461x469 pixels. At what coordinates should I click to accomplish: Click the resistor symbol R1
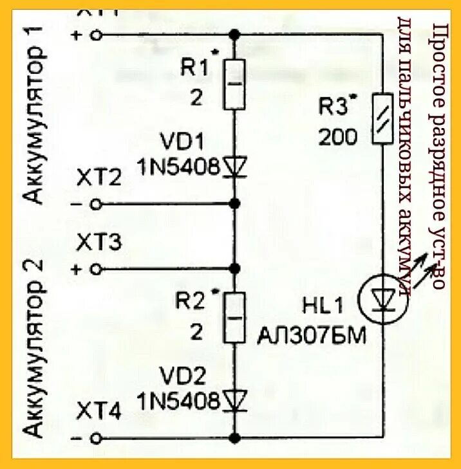[234, 84]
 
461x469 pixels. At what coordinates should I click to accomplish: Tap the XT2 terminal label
[99, 178]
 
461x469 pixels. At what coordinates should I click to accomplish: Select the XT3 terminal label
[99, 243]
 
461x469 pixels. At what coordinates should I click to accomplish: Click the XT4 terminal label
[99, 412]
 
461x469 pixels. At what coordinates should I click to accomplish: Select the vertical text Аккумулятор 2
[38, 347]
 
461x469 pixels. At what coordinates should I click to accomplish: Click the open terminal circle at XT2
[97, 204]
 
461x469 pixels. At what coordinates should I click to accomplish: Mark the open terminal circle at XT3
[97, 268]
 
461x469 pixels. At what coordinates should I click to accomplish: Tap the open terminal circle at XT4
[97, 439]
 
